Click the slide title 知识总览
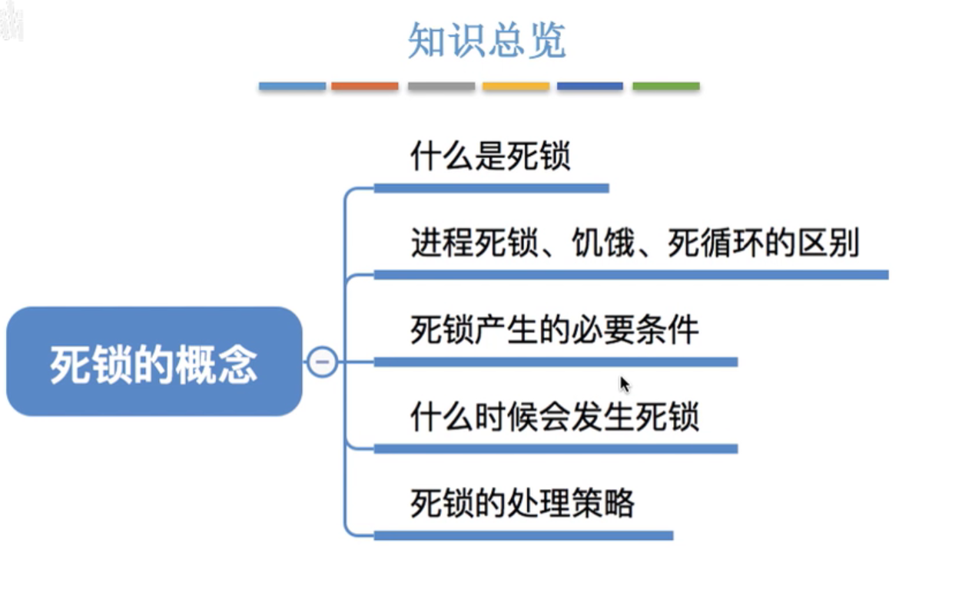click(487, 41)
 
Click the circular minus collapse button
click(322, 362)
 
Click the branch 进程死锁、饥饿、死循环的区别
click(635, 244)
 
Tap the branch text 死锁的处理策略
click(522, 504)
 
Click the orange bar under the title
click(365, 86)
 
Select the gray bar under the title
click(441, 86)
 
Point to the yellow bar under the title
click(516, 86)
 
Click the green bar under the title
click(666, 86)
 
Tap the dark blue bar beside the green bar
click(590, 86)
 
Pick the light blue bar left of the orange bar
click(292, 86)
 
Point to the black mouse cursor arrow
click(624, 383)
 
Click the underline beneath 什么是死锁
click(491, 188)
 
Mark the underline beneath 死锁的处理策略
click(523, 535)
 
